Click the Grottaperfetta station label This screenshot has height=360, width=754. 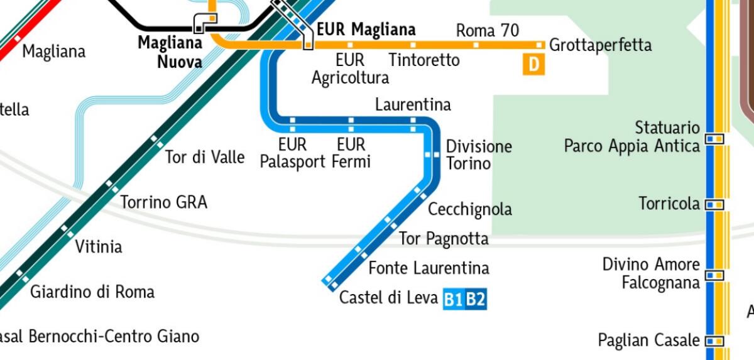click(x=600, y=45)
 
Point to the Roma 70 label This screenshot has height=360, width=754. click(x=487, y=30)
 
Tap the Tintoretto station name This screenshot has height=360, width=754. click(x=424, y=60)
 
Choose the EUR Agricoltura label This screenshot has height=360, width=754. click(x=350, y=68)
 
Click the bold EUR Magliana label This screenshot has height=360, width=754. click(x=366, y=30)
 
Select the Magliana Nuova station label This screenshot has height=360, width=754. click(x=170, y=52)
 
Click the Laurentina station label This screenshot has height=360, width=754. click(x=413, y=104)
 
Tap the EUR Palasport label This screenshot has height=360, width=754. click(x=292, y=153)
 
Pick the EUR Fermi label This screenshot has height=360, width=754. click(x=351, y=153)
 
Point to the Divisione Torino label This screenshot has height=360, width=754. click(x=479, y=155)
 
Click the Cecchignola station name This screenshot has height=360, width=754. click(x=469, y=209)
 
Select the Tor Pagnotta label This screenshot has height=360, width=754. click(x=444, y=239)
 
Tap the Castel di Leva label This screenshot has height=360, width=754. click(x=388, y=297)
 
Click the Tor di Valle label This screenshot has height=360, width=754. click(x=204, y=157)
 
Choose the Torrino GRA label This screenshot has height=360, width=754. click(x=163, y=202)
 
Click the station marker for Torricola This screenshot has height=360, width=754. click(x=714, y=204)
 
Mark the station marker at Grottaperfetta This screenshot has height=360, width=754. click(x=539, y=45)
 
